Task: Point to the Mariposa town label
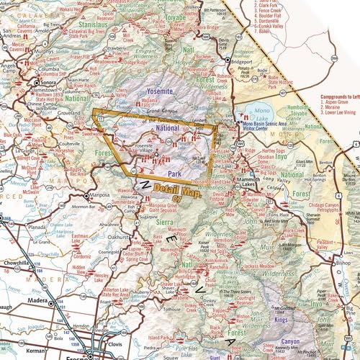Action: click(99, 195)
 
